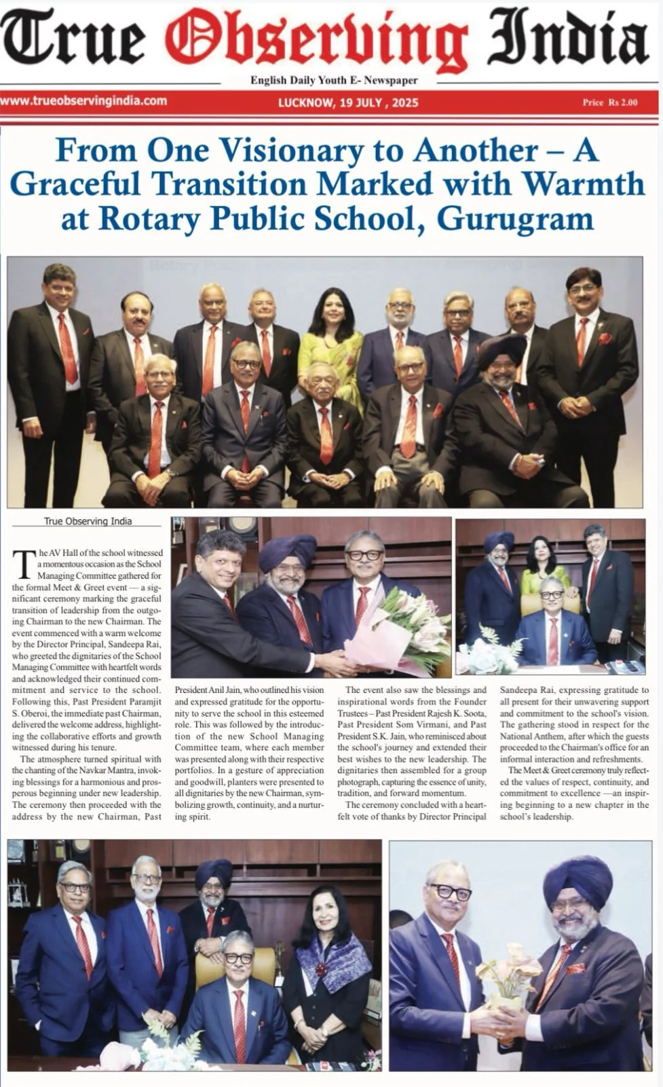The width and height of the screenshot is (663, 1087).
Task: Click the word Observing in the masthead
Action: click(x=316, y=38)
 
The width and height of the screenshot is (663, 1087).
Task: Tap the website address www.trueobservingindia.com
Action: click(x=84, y=101)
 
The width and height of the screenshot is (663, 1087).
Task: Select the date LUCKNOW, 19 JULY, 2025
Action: click(x=348, y=103)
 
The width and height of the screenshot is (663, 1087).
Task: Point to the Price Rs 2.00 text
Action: click(x=609, y=103)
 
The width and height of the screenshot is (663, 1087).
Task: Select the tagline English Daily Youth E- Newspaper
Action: click(x=334, y=80)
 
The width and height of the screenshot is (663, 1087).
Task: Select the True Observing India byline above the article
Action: click(x=88, y=521)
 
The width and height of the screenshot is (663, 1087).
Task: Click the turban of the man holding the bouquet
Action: click(x=287, y=551)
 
